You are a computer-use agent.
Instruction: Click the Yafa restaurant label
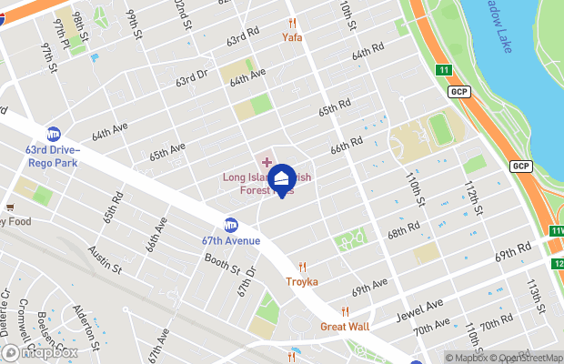tap(292, 37)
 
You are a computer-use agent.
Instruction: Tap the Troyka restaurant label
tap(303, 281)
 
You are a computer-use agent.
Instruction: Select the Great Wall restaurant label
tap(345, 326)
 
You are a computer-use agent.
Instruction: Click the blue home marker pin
tap(282, 178)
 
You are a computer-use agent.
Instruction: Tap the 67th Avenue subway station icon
tap(231, 225)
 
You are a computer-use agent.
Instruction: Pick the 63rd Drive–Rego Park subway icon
tap(54, 134)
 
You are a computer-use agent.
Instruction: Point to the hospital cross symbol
tap(267, 161)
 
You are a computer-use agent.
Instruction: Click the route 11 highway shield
tap(443, 70)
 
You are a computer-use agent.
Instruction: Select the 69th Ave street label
tap(370, 289)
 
